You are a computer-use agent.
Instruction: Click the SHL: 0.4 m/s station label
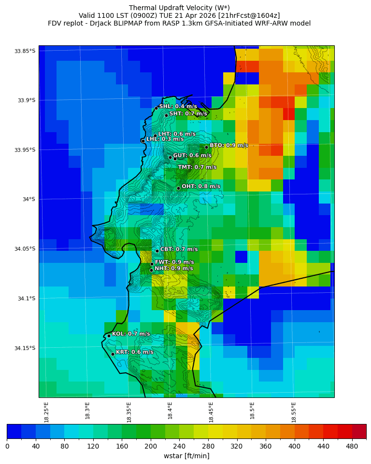178,107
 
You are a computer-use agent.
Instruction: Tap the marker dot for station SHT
166,115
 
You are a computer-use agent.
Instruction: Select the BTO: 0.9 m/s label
228,146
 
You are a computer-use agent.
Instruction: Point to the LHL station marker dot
143,141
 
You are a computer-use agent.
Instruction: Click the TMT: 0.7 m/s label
197,167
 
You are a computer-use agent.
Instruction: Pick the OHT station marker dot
178,188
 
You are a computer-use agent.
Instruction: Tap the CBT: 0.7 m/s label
179,249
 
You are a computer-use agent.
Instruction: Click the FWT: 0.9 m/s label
174,262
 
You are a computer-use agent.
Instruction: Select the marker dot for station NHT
151,270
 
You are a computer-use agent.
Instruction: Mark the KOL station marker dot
109,336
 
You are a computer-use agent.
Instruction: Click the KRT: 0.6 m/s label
134,352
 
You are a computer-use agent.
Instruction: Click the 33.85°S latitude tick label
25,51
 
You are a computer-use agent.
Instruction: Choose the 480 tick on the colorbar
352,447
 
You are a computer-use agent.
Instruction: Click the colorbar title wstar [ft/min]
186,456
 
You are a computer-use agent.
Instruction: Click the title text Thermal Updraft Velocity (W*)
179,8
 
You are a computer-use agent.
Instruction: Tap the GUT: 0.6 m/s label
192,156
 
